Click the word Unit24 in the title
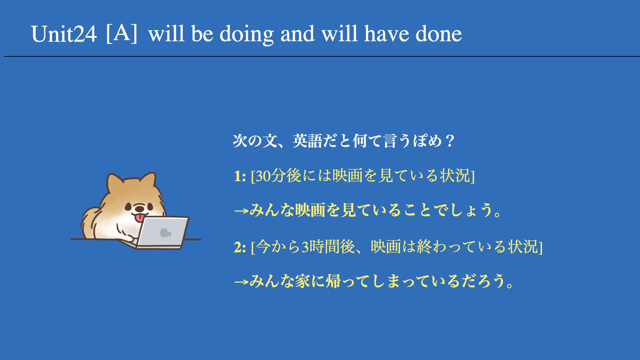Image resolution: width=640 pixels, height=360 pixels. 64,34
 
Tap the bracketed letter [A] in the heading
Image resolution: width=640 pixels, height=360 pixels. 122,33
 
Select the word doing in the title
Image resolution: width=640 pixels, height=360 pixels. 247,35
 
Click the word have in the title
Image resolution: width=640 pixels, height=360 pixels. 387,34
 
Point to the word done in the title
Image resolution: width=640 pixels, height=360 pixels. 439,34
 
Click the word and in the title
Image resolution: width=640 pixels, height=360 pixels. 297,34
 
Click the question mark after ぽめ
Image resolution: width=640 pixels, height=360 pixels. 450,141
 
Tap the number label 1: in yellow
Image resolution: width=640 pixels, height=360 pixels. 240,176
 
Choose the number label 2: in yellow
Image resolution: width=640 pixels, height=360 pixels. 240,247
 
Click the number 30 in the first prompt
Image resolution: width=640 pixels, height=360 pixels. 263,176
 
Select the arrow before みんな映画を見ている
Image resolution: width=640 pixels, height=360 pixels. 241,211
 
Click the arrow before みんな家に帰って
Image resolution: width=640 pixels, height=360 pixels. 241,282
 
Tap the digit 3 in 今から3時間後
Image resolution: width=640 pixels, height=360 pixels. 305,247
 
